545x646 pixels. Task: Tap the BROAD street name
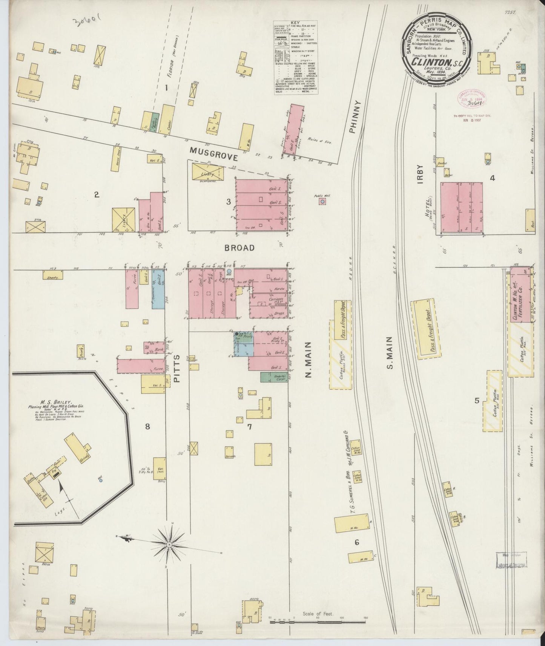(239, 248)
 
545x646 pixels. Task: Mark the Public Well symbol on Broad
(322, 202)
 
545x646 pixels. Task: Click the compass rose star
(170, 545)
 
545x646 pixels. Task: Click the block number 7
(249, 427)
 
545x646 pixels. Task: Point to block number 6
(356, 542)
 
